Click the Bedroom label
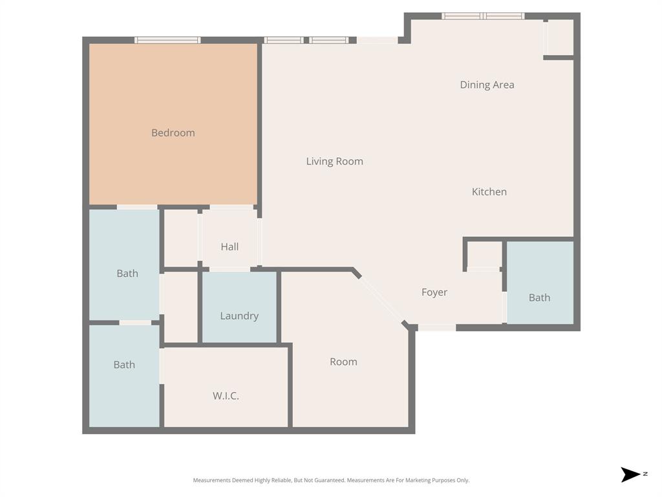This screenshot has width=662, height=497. [x=173, y=133]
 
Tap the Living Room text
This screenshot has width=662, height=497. [x=334, y=161]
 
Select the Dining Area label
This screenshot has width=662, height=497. [x=487, y=85]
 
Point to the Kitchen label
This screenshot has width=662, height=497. [x=489, y=192]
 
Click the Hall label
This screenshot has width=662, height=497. [x=230, y=247]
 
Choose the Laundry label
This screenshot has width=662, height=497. [x=239, y=316]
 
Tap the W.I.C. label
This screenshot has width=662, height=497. [x=226, y=395]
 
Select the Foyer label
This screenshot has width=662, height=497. [x=434, y=293]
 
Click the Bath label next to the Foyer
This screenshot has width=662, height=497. [x=539, y=298]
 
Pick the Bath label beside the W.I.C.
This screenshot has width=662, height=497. [x=124, y=364]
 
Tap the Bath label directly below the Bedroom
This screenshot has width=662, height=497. [x=127, y=273]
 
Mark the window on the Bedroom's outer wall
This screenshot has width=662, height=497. [x=167, y=40]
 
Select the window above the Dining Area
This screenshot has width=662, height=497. [x=483, y=16]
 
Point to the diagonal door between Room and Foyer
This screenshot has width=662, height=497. [x=381, y=300]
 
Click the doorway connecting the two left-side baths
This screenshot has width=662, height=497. [x=135, y=322]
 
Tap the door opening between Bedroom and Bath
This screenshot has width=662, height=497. [x=137, y=207]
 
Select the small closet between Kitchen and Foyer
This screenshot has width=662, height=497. [x=484, y=254]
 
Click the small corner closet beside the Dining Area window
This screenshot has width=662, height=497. [x=560, y=37]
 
